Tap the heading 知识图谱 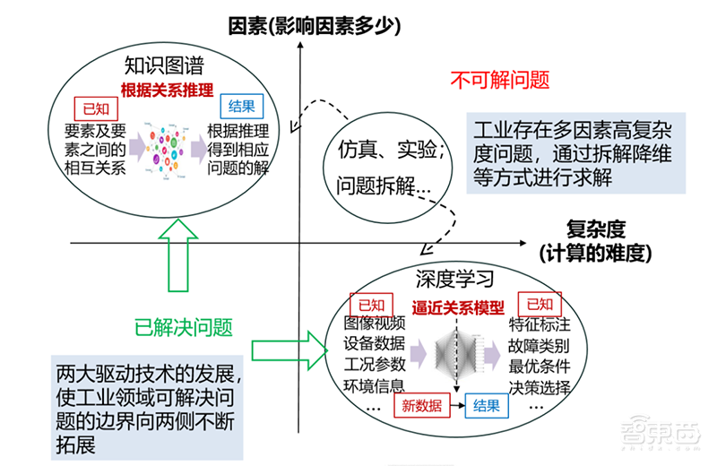pos(164,66)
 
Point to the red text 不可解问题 pos(499,80)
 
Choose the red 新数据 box pos(421,406)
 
